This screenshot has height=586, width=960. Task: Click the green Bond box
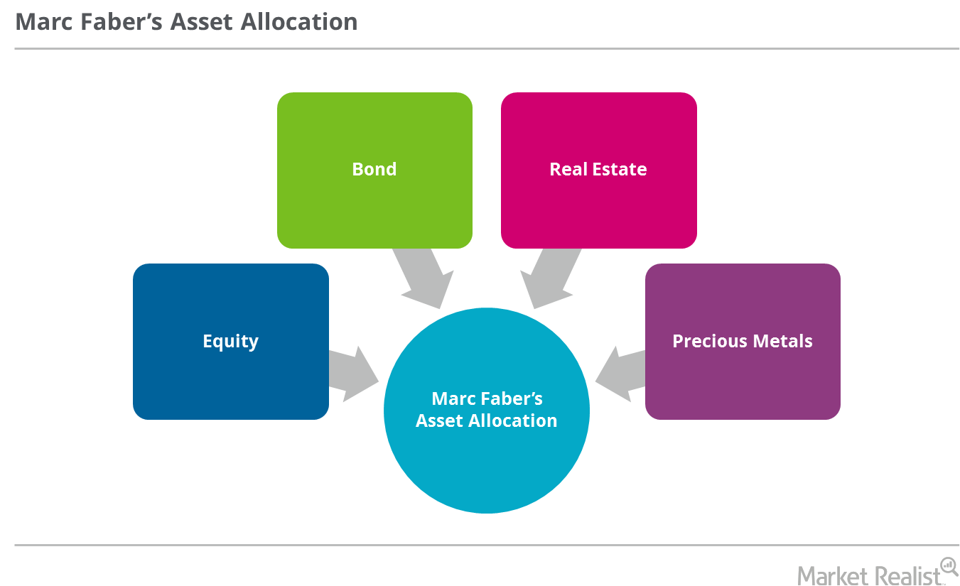click(374, 170)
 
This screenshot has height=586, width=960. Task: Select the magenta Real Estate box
click(598, 170)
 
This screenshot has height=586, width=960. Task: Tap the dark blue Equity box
click(230, 342)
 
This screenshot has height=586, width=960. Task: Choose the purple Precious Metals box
click(743, 342)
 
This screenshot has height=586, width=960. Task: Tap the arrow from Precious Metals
click(620, 374)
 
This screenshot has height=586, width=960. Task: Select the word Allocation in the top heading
click(299, 22)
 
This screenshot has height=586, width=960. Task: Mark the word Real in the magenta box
click(566, 170)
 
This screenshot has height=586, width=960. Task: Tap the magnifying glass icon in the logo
click(948, 565)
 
